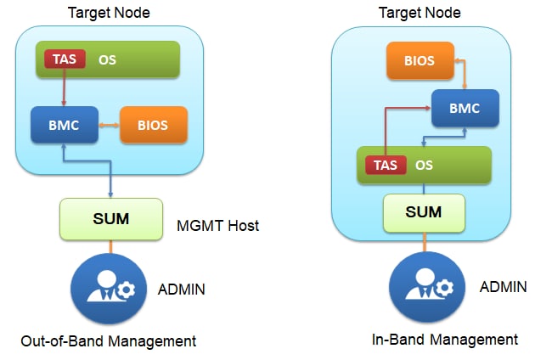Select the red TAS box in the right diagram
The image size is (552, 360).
[386, 165]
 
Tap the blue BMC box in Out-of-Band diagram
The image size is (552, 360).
[65, 125]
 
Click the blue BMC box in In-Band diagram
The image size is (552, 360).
[465, 108]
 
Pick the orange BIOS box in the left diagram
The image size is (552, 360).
[154, 125]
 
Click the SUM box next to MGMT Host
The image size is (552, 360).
[110, 218]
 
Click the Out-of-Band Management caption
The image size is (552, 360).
[108, 341]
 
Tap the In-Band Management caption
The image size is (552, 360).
[445, 340]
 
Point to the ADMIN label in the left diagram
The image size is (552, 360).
[182, 290]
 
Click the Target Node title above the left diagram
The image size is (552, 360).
[110, 13]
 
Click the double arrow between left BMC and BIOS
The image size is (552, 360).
[107, 126]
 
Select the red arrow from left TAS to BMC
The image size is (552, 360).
[65, 87]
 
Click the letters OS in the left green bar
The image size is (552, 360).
[107, 60]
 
